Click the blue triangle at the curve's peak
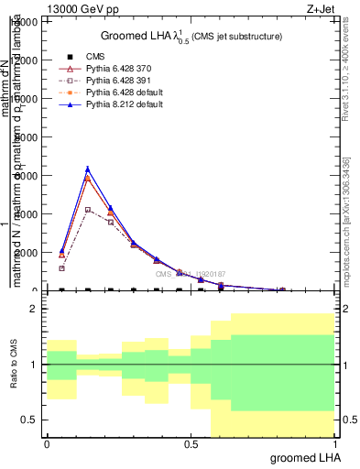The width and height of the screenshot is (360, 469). coord(88,169)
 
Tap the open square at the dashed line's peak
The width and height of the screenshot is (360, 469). coord(88,210)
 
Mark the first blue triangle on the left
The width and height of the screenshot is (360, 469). coord(61,250)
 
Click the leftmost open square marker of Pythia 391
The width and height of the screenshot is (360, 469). coord(61,268)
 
